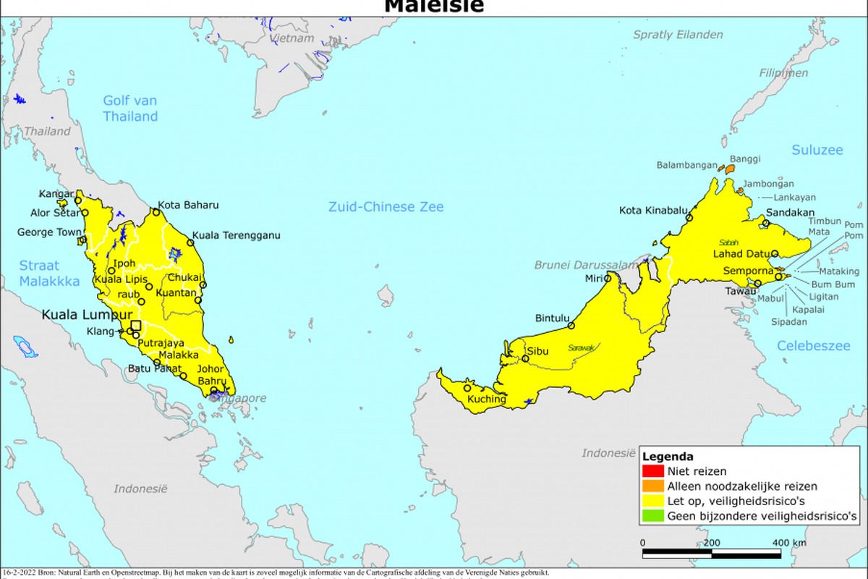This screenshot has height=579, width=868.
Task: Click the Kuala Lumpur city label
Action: point(87,315)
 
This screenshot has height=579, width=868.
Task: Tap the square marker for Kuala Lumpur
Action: point(136,326)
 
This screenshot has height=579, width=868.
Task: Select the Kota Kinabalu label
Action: point(653,211)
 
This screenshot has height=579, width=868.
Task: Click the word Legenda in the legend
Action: point(668,457)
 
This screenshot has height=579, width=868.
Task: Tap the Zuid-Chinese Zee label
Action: point(386,207)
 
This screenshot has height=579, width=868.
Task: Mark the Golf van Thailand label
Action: point(130,109)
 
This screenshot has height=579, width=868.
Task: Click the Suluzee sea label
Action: point(817,151)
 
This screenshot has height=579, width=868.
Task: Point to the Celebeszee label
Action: point(814,346)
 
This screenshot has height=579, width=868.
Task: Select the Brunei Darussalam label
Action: point(584,265)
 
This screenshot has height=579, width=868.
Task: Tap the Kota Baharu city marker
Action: point(156,212)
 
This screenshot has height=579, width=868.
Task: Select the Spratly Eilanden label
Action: point(678,34)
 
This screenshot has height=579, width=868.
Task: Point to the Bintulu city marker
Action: point(571,326)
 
